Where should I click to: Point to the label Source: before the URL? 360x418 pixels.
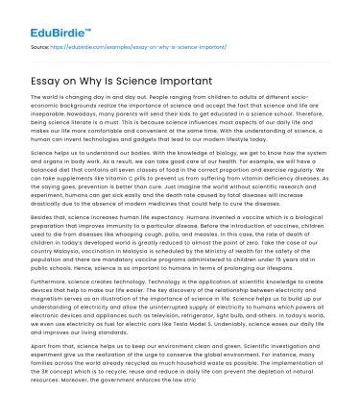(x=41, y=44)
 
